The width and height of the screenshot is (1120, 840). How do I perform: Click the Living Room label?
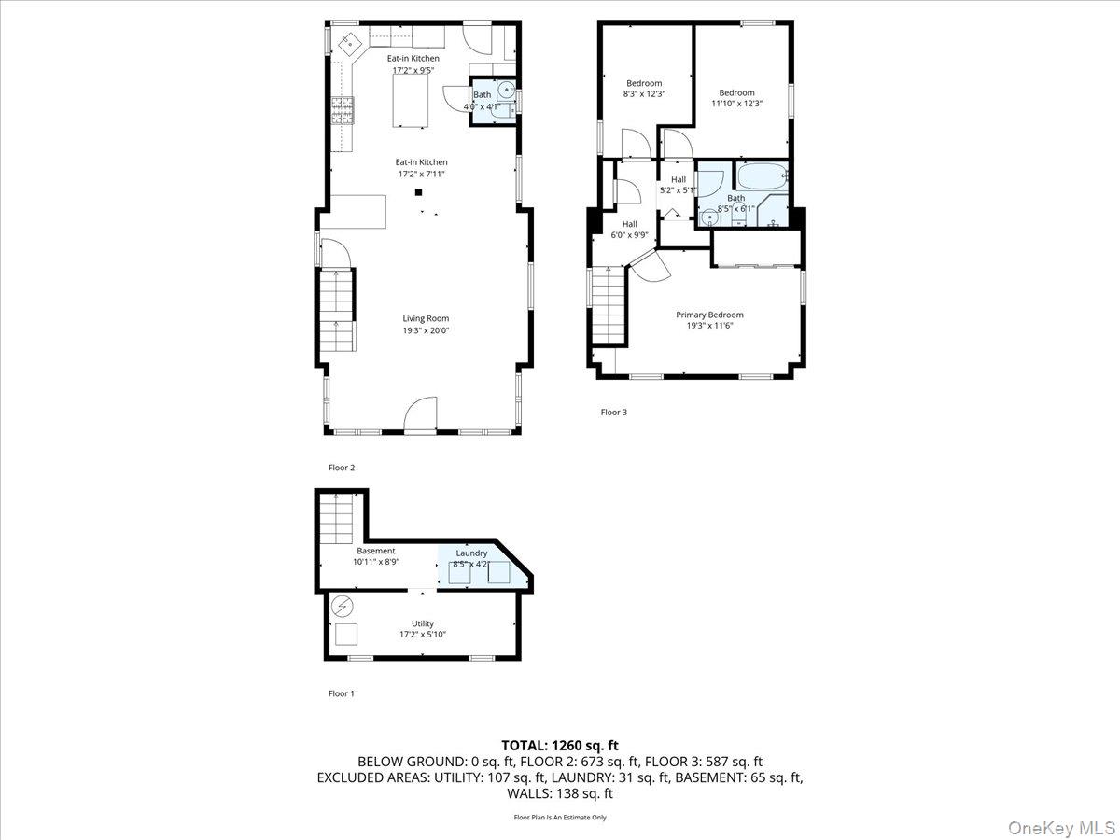pyautogui.click(x=426, y=318)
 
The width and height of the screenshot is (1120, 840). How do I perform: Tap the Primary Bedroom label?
pyautogui.click(x=709, y=315)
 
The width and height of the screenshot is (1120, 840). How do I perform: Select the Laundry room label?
pyautogui.click(x=471, y=553)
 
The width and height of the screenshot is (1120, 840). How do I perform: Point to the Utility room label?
pyautogui.click(x=423, y=623)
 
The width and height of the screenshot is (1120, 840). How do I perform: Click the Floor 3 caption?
pyautogui.click(x=613, y=412)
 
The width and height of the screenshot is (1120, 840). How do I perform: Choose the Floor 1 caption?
pyautogui.click(x=342, y=693)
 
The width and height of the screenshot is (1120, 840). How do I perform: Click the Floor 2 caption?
pyautogui.click(x=342, y=468)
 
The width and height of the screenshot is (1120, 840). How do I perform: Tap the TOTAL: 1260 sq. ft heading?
pyautogui.click(x=560, y=745)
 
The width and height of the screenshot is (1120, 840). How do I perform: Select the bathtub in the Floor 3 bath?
pyautogui.click(x=763, y=176)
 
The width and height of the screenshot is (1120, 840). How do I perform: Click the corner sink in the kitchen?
pyautogui.click(x=350, y=43)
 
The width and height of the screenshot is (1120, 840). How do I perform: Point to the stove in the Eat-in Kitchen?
pyautogui.click(x=342, y=111)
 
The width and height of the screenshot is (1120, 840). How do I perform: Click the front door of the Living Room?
pyautogui.click(x=421, y=416)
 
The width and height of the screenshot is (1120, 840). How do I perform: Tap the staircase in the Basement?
pyautogui.click(x=334, y=519)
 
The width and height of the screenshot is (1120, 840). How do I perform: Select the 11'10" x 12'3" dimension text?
pyautogui.click(x=736, y=104)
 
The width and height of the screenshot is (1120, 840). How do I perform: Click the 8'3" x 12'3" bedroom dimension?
pyautogui.click(x=643, y=93)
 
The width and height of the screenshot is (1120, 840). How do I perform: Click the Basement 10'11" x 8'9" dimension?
pyautogui.click(x=375, y=562)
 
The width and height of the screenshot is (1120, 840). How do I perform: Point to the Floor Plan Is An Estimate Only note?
pyautogui.click(x=560, y=818)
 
